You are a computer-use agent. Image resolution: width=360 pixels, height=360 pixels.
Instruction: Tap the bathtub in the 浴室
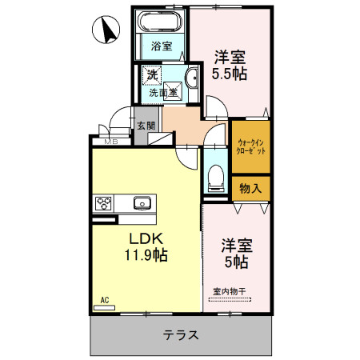[161, 22]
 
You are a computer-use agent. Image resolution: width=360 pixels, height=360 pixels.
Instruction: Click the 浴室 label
[161, 46]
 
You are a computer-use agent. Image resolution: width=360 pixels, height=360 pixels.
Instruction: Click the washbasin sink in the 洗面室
[193, 78]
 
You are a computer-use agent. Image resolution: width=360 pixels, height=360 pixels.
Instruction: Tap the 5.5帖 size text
[229, 74]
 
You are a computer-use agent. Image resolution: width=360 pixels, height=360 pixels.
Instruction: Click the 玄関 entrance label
[146, 126]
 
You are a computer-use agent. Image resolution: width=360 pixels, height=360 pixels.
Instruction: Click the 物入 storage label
[250, 188]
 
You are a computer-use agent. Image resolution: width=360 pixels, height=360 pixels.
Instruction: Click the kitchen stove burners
[104, 203]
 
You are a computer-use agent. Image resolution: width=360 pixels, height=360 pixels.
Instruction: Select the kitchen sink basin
[142, 203]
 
